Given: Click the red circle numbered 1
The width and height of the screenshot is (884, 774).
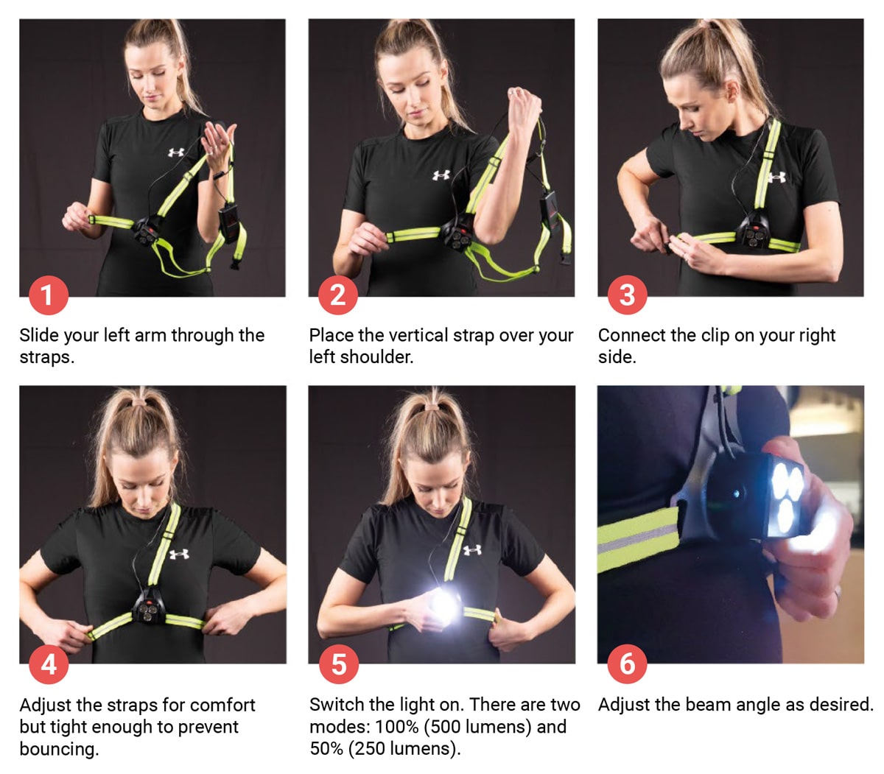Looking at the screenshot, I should [48, 295].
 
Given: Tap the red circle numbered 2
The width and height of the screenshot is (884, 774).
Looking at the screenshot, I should [337, 295].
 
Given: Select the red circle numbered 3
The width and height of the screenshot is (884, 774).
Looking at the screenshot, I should [627, 295].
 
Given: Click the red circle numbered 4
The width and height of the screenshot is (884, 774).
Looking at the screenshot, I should [48, 664].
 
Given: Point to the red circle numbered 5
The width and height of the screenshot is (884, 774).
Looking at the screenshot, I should [338, 664].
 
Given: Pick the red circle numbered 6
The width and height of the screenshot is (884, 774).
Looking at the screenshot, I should [627, 664].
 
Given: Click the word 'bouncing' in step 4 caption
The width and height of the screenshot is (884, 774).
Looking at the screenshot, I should [57, 749].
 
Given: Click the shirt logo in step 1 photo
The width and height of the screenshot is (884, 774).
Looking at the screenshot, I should [176, 152].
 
